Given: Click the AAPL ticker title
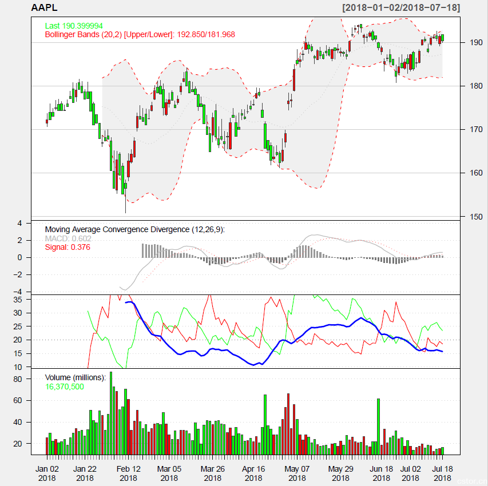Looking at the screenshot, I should point(44,8).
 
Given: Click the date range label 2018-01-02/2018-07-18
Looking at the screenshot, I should point(400,8).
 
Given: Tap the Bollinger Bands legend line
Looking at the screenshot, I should point(140,34).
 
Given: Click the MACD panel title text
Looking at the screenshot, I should point(134,229).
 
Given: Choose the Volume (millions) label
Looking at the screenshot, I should point(76,377).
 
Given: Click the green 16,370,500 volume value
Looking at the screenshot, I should point(65,387).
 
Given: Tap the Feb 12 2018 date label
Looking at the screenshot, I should point(129,473).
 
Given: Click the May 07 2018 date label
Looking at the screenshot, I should point(297,473).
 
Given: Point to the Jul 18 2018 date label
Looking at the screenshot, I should point(442,473).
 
